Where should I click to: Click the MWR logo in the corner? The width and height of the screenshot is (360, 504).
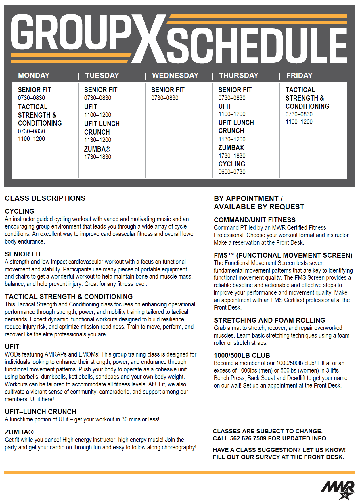pos(338,490)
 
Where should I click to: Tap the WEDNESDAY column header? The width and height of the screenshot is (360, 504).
pos(175,76)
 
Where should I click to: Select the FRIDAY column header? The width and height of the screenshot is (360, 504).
pos(299,76)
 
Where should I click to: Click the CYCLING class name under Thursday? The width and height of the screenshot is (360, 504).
pos(231,164)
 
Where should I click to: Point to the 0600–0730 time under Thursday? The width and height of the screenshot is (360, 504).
pos(232,172)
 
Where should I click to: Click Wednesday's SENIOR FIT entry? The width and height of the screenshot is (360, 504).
pos(168,90)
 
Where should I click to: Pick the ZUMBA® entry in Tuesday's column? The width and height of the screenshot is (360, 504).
pos(97,149)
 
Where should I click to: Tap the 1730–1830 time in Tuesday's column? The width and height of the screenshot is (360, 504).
pos(97,157)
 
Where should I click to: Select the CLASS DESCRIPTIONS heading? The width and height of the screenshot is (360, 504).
pos(45,198)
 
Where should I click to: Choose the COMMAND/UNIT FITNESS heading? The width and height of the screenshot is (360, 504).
pos(254,220)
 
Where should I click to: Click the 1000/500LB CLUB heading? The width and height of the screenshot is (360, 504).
pos(242,355)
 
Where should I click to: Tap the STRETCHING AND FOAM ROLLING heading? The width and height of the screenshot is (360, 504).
pos(269,320)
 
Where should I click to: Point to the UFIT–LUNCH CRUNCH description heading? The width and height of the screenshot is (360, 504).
pos(41,412)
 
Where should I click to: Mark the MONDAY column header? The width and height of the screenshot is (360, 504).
pos(34,76)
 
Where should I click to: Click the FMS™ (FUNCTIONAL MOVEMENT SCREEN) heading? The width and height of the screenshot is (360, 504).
pos(283,255)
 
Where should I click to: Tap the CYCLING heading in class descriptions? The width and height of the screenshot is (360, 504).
pos(20,211)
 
